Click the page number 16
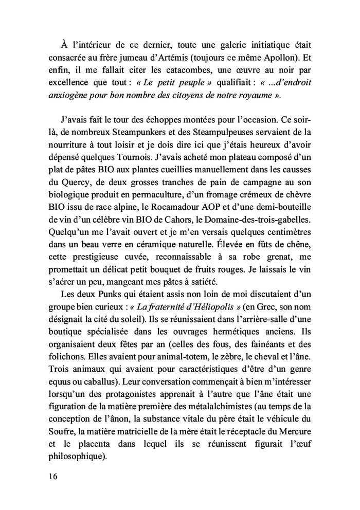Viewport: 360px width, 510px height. (x=49, y=476)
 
